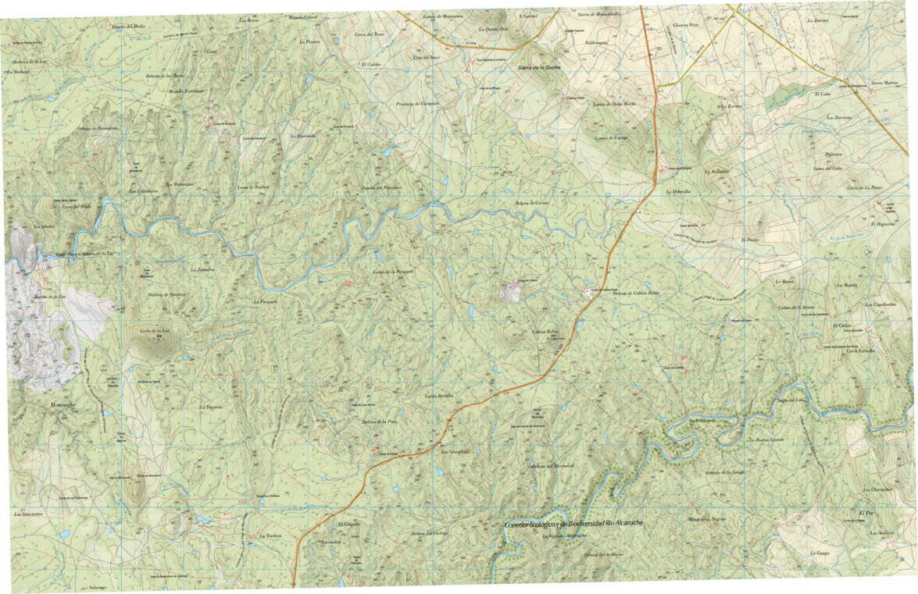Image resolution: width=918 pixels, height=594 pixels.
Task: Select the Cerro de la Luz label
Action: (155, 331)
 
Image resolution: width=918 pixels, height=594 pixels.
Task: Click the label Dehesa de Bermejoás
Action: (98, 128)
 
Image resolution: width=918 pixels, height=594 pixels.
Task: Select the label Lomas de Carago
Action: (612, 138)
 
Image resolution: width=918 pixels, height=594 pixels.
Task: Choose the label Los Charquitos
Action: (877, 489)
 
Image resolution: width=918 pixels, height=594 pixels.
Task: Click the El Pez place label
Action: (864, 511)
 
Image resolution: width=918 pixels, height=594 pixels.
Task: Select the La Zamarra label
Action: (202, 269)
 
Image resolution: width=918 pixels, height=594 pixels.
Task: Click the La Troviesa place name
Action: (211, 407)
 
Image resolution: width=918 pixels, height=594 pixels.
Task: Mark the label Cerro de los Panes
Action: (864, 188)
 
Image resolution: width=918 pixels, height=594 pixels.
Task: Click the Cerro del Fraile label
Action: (77, 207)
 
